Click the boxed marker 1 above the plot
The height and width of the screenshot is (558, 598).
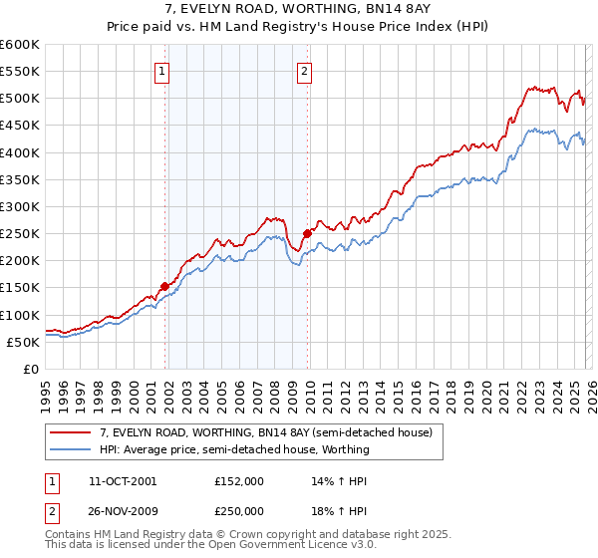click(x=161, y=71)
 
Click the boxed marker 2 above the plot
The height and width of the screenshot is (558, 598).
click(x=304, y=71)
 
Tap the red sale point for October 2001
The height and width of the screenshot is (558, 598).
click(x=164, y=286)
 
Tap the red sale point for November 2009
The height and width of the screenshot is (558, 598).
click(x=307, y=233)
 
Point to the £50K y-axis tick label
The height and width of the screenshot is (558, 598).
click(x=23, y=342)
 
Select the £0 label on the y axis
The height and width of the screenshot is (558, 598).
click(x=30, y=369)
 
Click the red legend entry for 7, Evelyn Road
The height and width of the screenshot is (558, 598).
click(x=265, y=432)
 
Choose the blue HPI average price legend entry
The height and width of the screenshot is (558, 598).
click(x=234, y=449)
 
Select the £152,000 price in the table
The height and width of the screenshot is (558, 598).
click(x=239, y=480)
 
